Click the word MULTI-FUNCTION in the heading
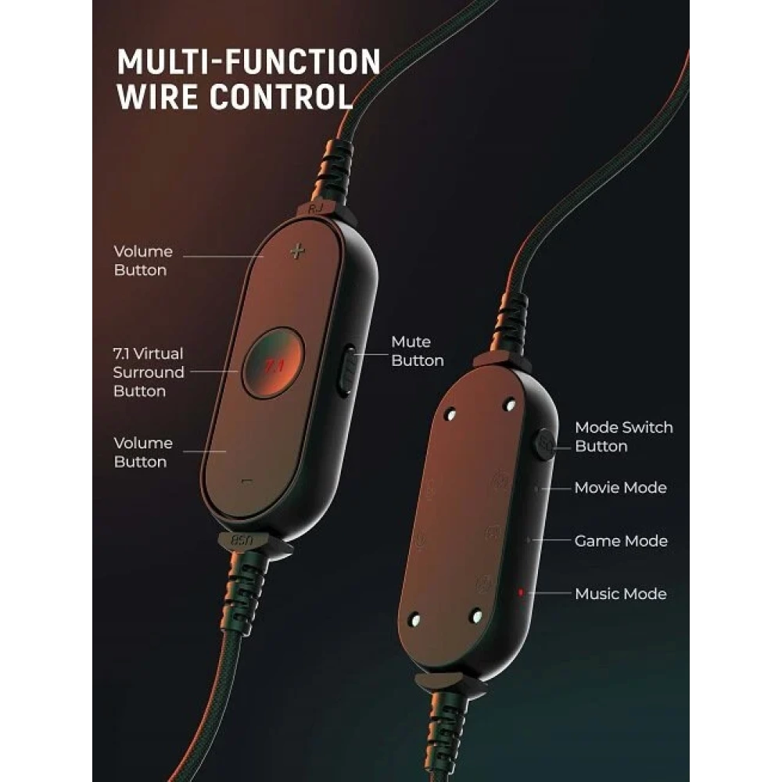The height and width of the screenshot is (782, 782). [x=249, y=62]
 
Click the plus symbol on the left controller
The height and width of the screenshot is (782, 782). [x=297, y=251]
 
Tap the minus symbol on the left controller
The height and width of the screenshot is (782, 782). [x=247, y=482]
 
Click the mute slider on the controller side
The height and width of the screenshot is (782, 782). [x=346, y=371]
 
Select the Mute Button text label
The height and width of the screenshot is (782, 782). [x=418, y=351]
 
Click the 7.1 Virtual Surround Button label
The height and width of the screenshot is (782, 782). [x=148, y=372]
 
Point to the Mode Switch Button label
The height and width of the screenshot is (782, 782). [x=624, y=436]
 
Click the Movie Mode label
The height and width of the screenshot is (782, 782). [x=620, y=487]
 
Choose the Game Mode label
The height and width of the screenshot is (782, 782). [x=621, y=540]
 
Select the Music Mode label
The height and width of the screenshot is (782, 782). [x=620, y=594]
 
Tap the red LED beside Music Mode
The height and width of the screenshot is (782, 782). [x=521, y=593]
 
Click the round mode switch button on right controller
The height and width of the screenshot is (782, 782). [x=544, y=443]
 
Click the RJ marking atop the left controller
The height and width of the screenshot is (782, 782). [x=315, y=208]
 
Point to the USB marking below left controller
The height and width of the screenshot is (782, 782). [x=242, y=540]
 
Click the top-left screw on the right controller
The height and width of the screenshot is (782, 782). [x=450, y=414]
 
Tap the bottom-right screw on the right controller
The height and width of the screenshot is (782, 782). [x=476, y=616]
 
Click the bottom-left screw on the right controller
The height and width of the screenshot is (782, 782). [x=414, y=620]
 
